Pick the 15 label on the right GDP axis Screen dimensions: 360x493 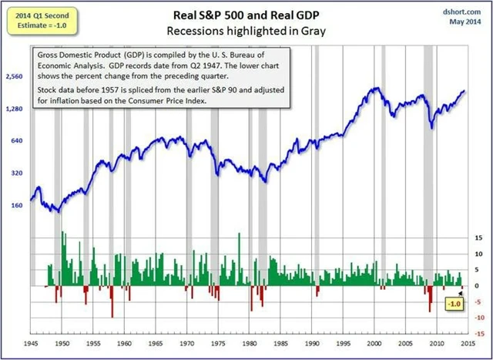[479, 238]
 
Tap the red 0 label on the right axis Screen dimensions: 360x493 [479, 286]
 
